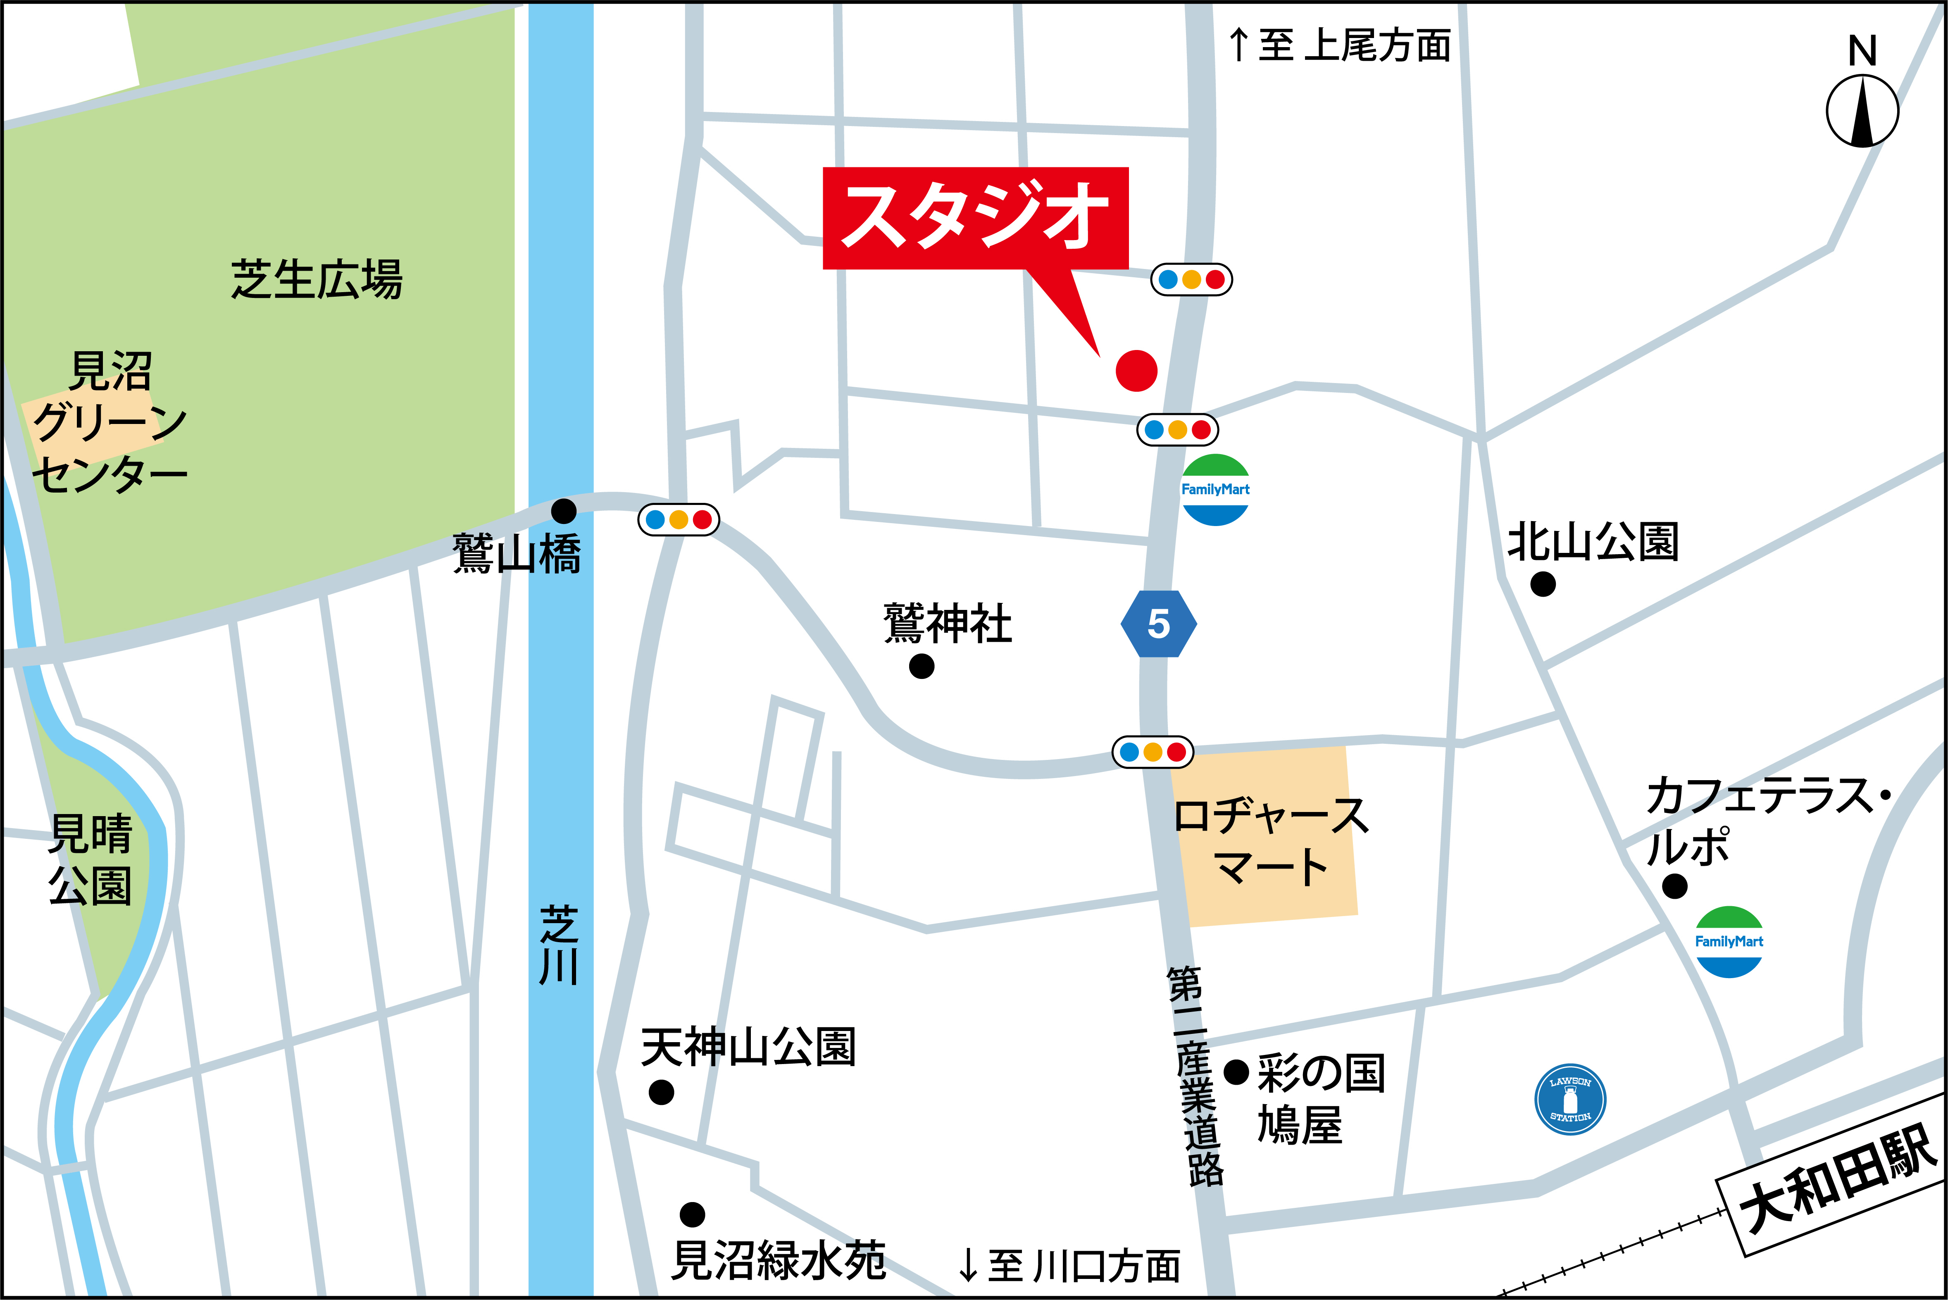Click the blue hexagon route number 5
(1158, 624)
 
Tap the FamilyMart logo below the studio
(1215, 489)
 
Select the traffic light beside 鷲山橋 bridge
(678, 520)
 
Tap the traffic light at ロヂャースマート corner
(1152, 752)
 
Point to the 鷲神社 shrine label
(948, 624)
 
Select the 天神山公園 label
(748, 1047)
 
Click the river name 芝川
(560, 945)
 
